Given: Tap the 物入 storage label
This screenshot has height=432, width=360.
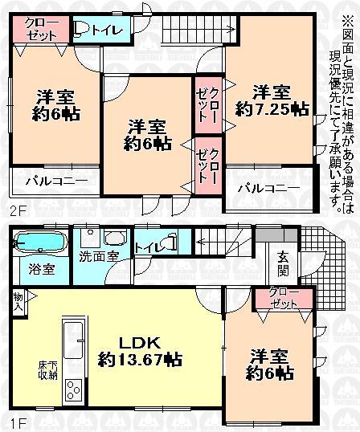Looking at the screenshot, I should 18,303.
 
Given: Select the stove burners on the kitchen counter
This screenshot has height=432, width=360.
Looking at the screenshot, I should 72,393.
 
